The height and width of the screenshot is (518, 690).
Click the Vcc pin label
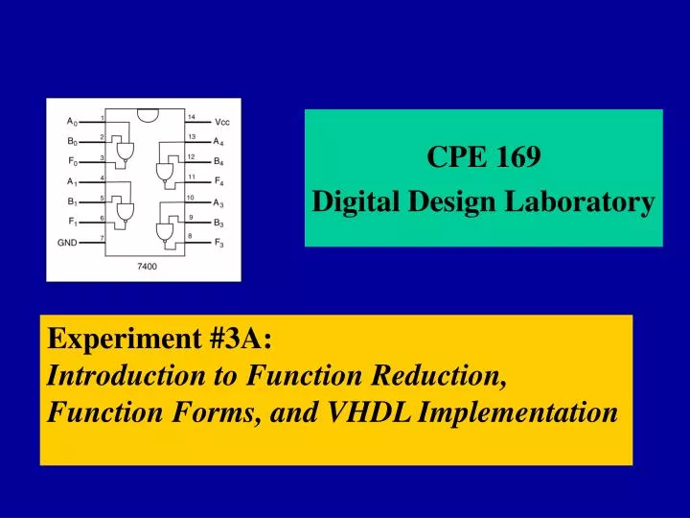coord(221,122)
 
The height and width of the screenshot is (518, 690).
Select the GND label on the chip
coord(66,243)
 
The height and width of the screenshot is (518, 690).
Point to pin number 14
coord(192,117)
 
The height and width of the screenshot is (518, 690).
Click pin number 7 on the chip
coord(102,237)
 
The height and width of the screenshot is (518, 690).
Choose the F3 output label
coord(219,243)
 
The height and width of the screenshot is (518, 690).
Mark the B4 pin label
coord(219,162)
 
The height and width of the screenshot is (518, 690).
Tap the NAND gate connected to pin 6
coord(124,210)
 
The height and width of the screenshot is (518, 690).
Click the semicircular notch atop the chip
coord(147,111)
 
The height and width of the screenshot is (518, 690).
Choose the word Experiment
coord(110,339)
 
